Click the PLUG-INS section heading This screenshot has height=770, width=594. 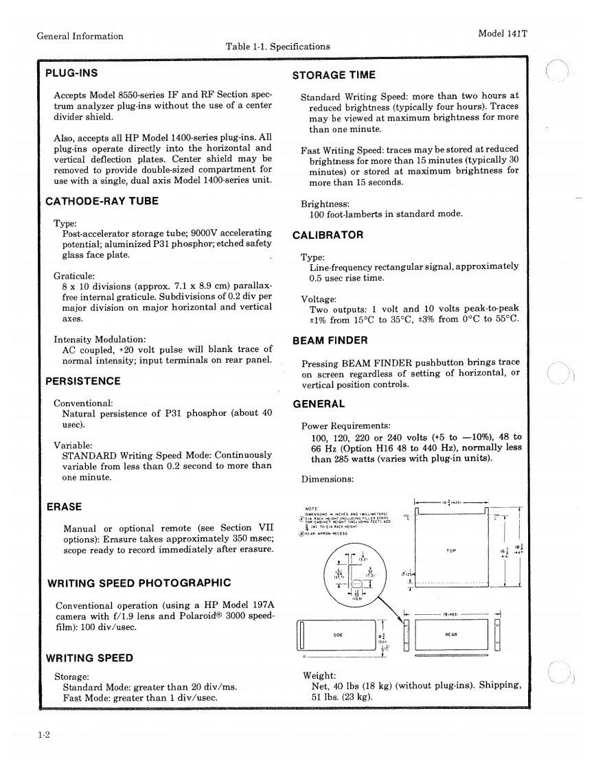[x=71, y=73]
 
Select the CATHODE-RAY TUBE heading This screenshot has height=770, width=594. [x=102, y=201]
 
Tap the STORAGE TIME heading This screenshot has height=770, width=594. [x=334, y=75]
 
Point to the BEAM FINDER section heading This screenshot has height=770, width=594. [x=330, y=340]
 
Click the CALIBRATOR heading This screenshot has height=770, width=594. [x=328, y=235]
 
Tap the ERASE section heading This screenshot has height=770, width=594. [x=64, y=506]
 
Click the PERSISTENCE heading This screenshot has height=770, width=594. [x=83, y=381]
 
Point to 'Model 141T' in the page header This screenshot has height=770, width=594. [x=503, y=36]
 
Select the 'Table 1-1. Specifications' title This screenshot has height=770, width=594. [x=277, y=47]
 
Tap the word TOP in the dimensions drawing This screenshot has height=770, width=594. [x=451, y=550]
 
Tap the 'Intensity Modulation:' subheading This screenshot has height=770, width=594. [x=100, y=340]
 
